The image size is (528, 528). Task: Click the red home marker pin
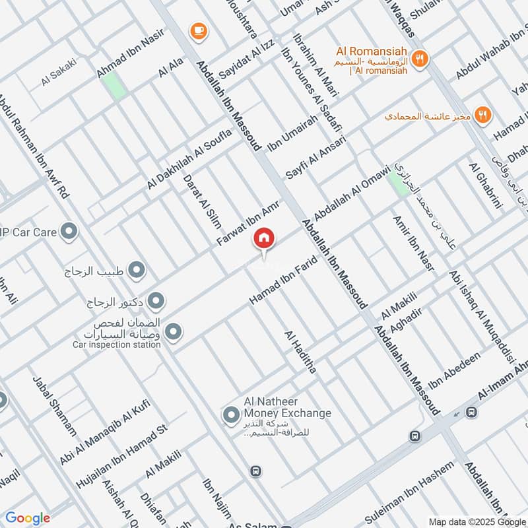point(264,239)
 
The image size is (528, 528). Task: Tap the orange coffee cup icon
point(197,30)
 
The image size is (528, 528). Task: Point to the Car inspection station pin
point(173,332)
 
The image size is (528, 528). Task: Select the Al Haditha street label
point(300,352)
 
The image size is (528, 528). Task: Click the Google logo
point(28,518)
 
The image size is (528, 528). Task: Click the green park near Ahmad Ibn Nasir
point(114,86)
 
